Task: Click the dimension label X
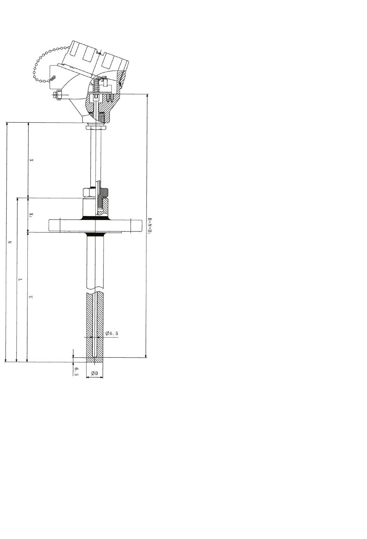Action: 32,160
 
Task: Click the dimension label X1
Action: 32,215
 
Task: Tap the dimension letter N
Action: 10,242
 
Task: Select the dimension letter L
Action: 20,279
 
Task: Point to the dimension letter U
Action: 31,297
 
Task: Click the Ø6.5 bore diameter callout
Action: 112,333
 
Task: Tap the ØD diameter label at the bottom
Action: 95,373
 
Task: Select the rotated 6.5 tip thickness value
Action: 76,372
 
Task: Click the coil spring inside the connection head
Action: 96,85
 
